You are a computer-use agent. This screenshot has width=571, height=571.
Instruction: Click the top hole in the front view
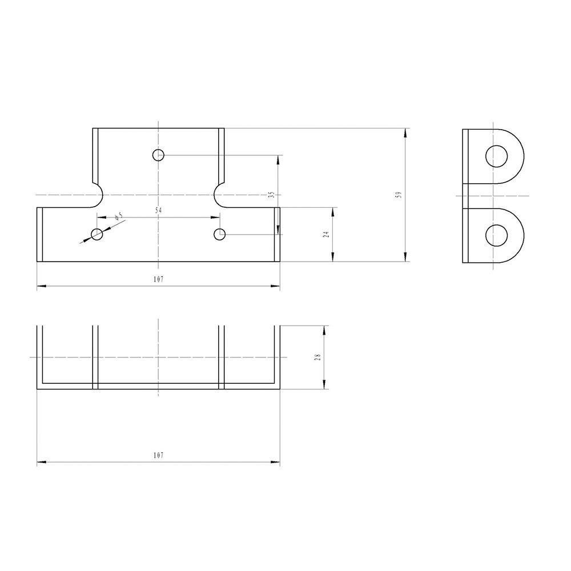click(158, 155)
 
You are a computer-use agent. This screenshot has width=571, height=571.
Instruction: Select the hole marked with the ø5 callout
click(97, 234)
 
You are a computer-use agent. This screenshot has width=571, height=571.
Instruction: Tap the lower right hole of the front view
click(219, 234)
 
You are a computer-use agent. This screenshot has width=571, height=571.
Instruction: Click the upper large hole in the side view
click(497, 155)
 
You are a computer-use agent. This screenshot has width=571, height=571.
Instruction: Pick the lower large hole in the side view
click(497, 235)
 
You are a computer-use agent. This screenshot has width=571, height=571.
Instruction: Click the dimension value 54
click(158, 211)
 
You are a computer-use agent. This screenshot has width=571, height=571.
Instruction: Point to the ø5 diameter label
click(119, 216)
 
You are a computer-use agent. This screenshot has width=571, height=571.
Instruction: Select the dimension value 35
click(271, 195)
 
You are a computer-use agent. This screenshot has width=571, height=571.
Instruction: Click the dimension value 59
click(399, 195)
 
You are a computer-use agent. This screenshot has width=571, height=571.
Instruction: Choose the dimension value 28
click(318, 357)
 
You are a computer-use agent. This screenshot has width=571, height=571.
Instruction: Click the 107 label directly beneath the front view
click(158, 279)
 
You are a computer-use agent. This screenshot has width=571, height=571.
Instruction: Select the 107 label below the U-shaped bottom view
click(158, 455)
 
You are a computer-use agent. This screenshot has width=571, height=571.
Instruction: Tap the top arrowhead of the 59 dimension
click(405, 132)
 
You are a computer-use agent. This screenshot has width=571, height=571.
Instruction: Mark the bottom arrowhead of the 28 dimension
click(324, 385)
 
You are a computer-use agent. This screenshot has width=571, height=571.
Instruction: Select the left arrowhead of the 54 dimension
click(100, 217)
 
